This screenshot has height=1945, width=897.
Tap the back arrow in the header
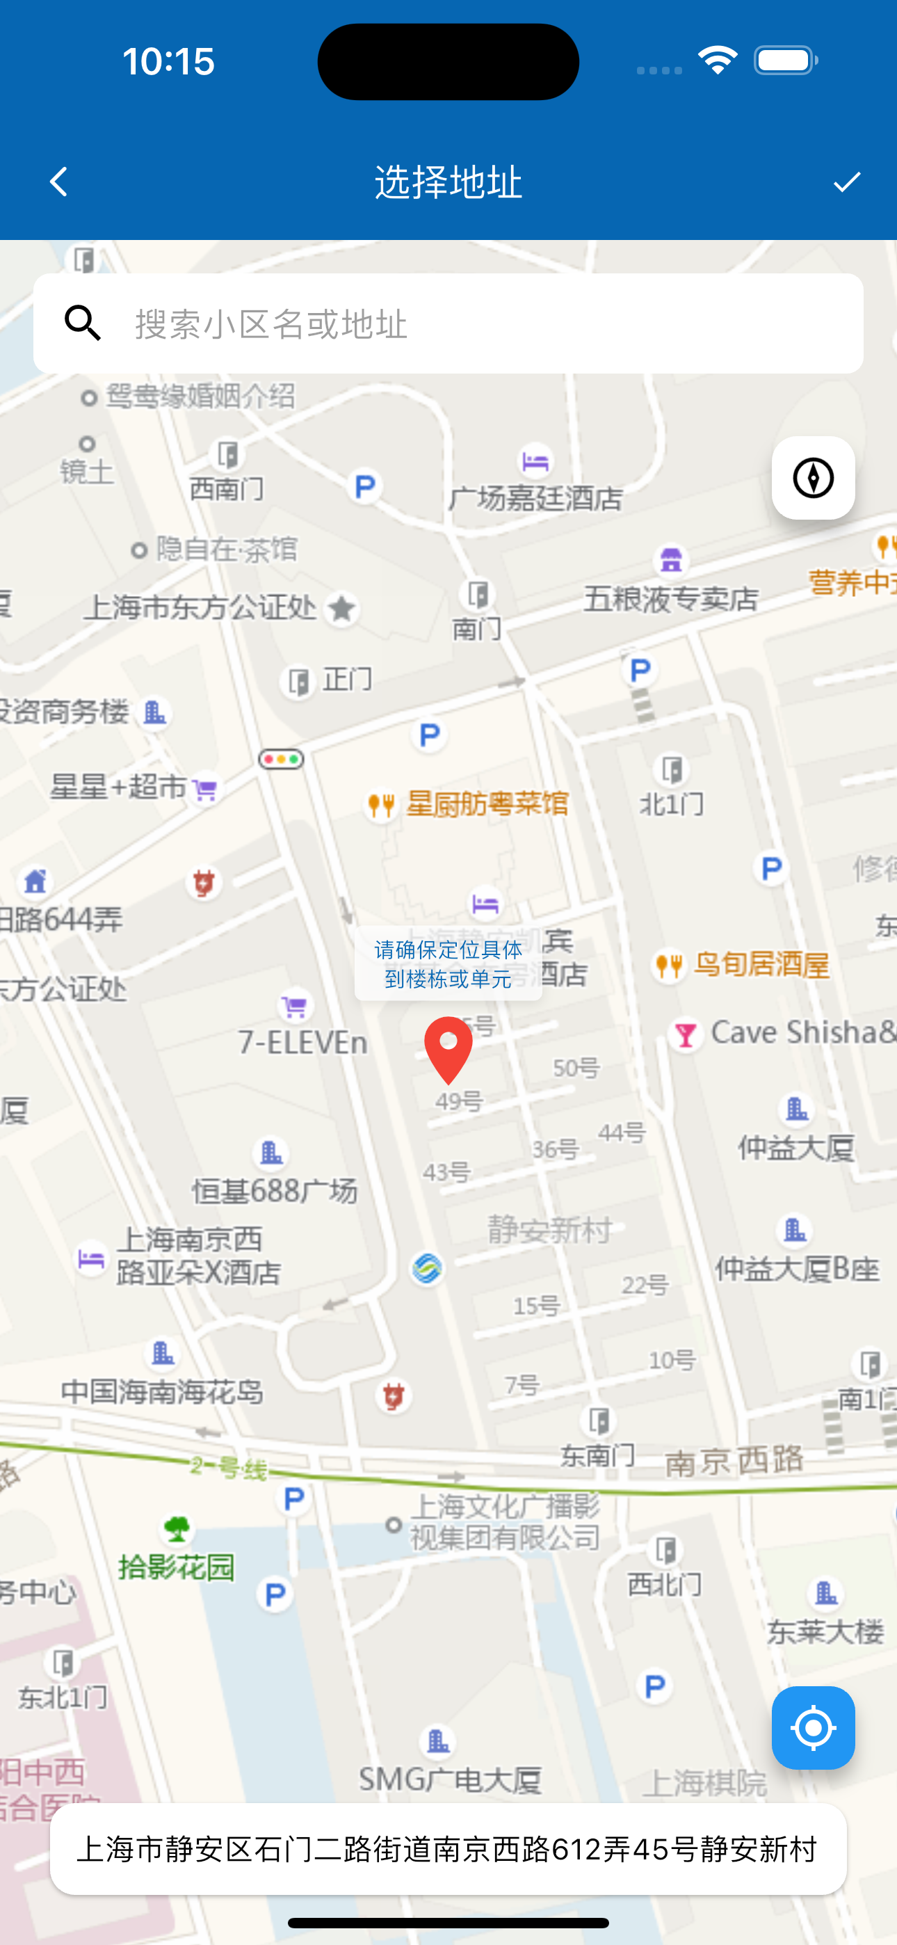(x=59, y=182)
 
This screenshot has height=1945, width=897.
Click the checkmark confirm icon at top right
(x=846, y=182)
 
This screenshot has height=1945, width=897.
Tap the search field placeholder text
(x=272, y=324)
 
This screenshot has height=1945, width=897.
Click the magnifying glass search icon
(x=82, y=323)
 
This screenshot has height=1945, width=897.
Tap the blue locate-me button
(x=812, y=1727)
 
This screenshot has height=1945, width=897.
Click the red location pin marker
(x=448, y=1046)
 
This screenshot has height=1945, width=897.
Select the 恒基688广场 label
(x=274, y=1191)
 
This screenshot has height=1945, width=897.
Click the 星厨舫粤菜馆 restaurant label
(x=487, y=803)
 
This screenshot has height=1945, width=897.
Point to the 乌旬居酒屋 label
(x=761, y=964)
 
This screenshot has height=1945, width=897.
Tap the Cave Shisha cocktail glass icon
(x=686, y=1034)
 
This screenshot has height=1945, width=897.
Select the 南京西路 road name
(x=734, y=1461)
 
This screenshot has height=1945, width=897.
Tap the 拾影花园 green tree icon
(x=177, y=1530)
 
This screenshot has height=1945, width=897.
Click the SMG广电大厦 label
(x=450, y=1779)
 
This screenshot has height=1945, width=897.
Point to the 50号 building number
(x=576, y=1068)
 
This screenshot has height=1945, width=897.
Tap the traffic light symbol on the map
(x=282, y=759)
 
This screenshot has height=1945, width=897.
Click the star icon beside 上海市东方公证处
(x=341, y=608)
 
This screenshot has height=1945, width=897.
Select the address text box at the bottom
(x=448, y=1849)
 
